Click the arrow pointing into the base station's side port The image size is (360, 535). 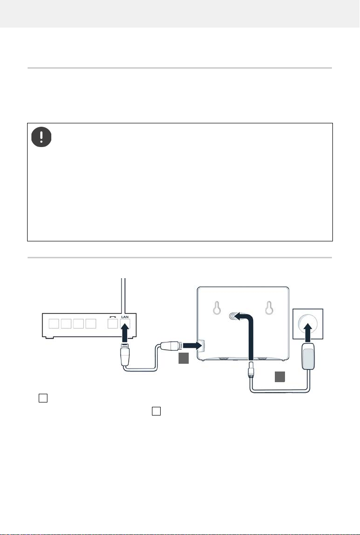(191, 346)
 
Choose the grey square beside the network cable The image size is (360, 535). (183, 359)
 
